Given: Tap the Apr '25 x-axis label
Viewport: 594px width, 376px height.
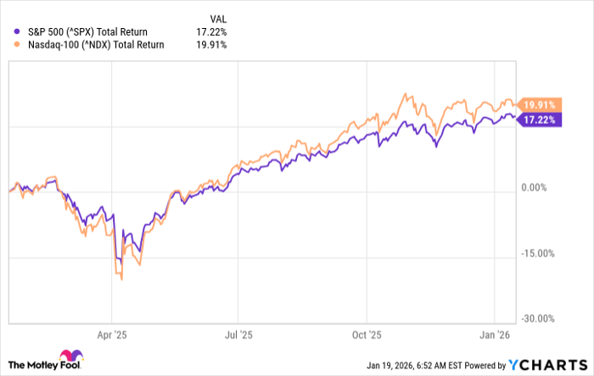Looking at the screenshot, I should [x=111, y=334].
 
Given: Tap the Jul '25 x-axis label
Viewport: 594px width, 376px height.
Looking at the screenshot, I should [x=240, y=334].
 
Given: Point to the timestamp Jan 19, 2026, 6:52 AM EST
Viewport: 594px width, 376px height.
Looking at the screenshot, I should [x=429, y=365].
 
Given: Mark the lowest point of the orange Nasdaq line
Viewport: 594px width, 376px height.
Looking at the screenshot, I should [x=122, y=279].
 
